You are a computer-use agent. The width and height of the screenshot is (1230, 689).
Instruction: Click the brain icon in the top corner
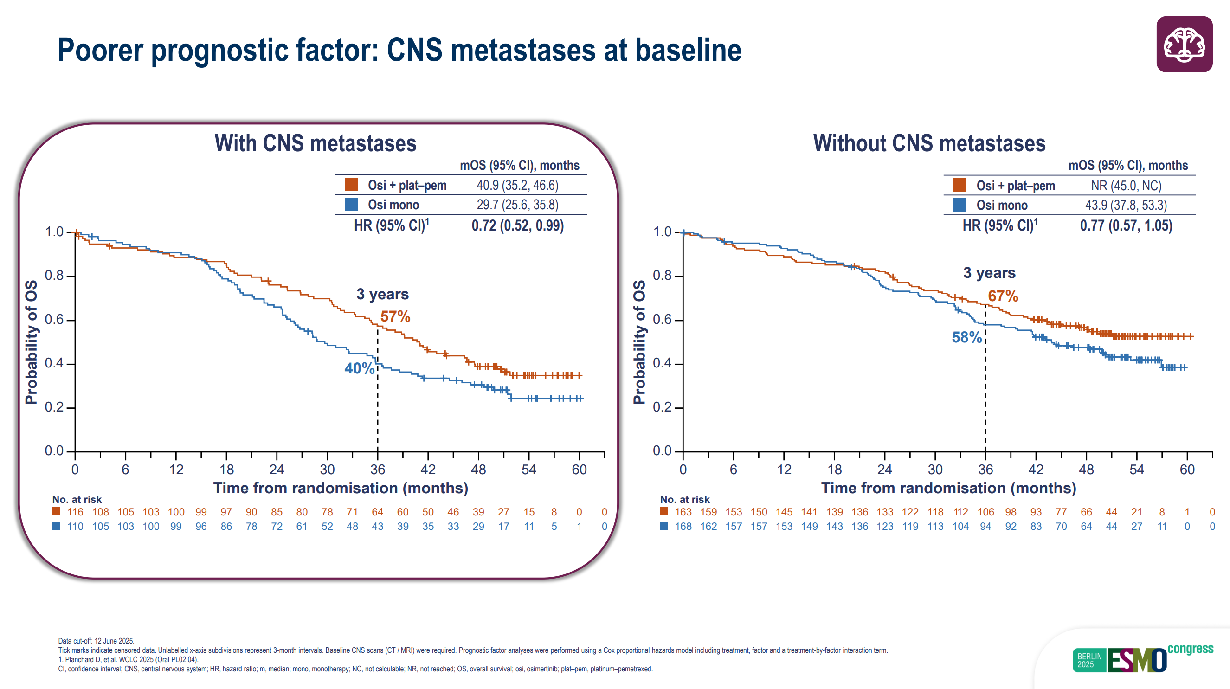click(1184, 45)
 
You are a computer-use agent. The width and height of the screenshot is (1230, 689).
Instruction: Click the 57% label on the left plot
click(395, 316)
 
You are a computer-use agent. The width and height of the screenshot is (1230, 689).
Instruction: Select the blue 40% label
click(359, 368)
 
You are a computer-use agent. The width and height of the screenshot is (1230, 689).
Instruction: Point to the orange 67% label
click(1003, 296)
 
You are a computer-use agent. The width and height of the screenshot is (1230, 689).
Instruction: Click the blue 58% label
click(966, 338)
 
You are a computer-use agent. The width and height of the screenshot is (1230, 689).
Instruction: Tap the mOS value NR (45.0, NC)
click(1126, 186)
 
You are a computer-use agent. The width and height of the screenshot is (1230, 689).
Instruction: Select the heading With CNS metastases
click(315, 143)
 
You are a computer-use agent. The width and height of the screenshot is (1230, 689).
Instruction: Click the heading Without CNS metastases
click(929, 143)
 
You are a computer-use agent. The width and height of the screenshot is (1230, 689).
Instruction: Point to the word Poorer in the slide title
click(100, 50)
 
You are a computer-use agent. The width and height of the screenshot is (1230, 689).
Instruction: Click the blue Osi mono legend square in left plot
click(351, 205)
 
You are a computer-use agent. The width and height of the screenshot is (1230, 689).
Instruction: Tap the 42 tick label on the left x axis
click(428, 470)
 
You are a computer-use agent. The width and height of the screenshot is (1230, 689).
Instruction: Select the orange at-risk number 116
click(75, 512)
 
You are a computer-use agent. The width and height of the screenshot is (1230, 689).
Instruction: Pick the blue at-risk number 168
click(683, 526)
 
